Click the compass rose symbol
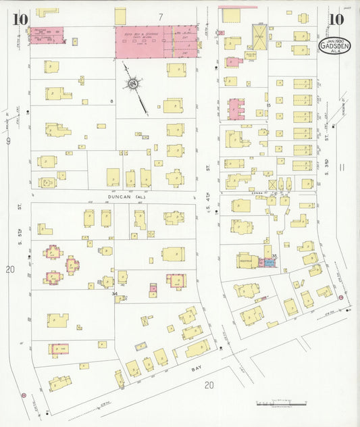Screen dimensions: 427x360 coord(133,84)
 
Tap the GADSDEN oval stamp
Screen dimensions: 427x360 coord(334,47)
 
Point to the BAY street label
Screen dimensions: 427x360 coord(197,369)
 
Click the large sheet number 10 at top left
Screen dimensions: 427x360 coord(19,18)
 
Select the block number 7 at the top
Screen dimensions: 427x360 coord(161,16)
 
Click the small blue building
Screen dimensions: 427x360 coord(269,261)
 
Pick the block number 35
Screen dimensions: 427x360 coord(274,255)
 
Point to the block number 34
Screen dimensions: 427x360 coord(115,293)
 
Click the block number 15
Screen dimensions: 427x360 coord(268,105)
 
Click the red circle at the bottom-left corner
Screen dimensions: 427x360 coord(24,395)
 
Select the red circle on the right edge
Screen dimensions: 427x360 coord(341,297)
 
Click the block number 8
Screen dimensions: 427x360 coord(111,101)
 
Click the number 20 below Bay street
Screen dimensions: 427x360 coord(209,385)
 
